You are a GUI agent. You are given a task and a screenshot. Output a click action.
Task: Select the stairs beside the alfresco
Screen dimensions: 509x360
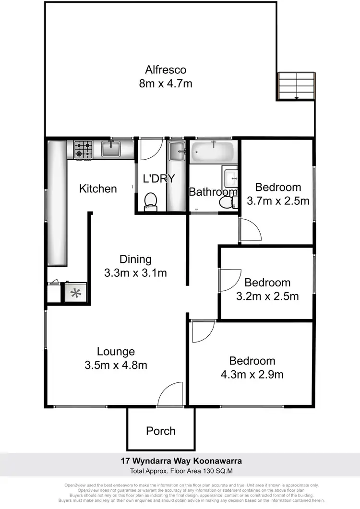point(296,86)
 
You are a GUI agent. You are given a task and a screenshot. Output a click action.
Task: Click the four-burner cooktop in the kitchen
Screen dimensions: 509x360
point(83,150)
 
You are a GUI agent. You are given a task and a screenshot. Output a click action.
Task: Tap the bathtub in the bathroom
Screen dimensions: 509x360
point(212,153)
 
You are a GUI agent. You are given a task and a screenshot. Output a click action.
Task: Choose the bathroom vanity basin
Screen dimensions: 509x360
point(231,177)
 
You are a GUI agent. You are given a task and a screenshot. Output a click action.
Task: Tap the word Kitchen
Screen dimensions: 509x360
point(98,189)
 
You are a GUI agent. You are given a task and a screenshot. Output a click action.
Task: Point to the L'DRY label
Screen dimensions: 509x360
point(159,178)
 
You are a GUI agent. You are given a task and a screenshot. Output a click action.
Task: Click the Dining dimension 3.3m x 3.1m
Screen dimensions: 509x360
point(135,273)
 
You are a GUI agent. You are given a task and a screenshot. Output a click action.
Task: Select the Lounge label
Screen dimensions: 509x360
point(116,352)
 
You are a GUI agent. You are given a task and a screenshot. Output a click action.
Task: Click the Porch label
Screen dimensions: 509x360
point(161,431)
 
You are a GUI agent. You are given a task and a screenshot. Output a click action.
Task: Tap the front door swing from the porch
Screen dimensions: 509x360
point(170,394)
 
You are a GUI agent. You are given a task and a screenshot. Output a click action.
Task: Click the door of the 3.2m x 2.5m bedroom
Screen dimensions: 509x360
point(229,280)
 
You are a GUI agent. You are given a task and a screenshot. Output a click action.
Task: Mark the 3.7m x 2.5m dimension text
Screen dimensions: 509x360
point(278,201)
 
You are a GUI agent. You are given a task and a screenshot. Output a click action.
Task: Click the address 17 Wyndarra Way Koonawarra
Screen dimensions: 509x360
point(180,461)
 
